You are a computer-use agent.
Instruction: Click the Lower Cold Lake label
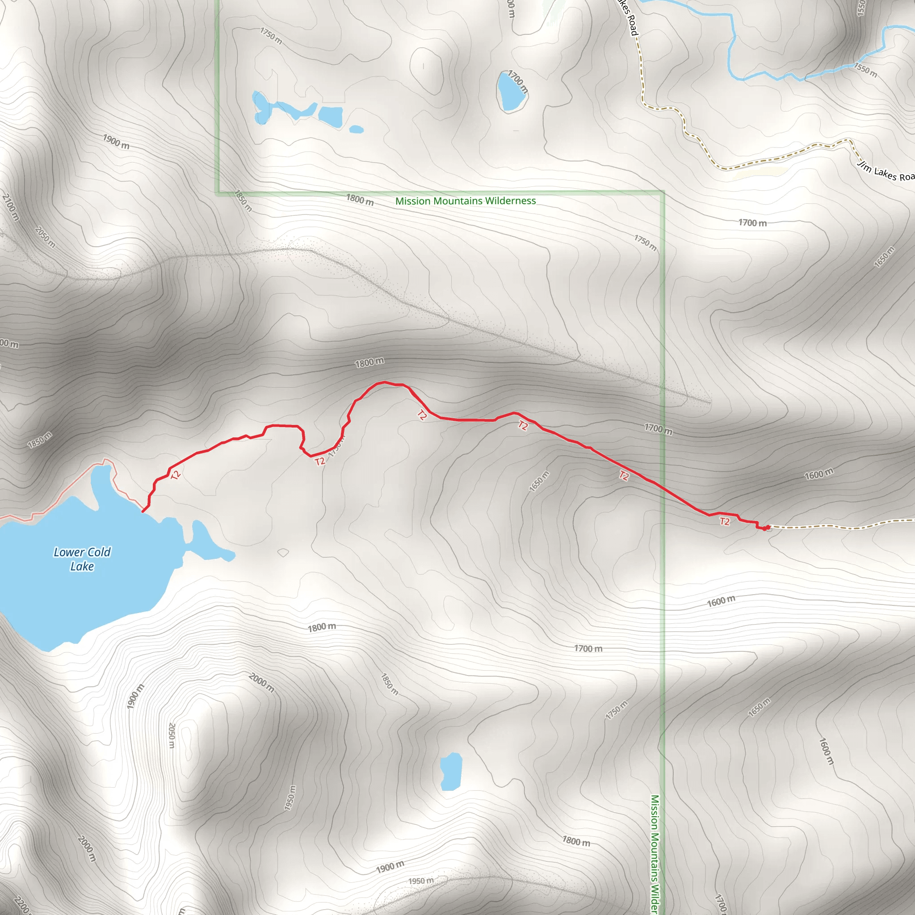pos(82,559)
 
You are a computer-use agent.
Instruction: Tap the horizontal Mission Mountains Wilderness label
pos(465,201)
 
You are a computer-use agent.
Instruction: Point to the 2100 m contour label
pos(11,207)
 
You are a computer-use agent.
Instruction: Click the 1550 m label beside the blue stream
pos(865,70)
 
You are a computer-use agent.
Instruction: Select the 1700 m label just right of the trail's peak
pos(658,428)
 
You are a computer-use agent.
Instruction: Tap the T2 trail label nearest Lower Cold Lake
pos(176,474)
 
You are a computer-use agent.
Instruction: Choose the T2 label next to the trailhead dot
pos(725,521)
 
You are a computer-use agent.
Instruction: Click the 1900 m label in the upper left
pos(116,141)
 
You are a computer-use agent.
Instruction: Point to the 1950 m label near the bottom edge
pos(420,881)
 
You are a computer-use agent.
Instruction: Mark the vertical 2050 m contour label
pos(172,735)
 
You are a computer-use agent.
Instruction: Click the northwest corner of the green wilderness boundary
pos(218,192)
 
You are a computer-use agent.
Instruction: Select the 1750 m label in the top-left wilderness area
pos(271,36)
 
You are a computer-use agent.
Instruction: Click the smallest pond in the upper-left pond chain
pos(356,129)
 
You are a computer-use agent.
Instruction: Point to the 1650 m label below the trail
pos(539,481)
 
